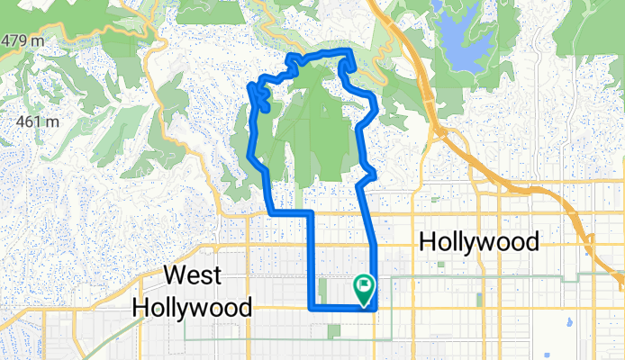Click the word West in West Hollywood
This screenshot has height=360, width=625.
click(194, 276)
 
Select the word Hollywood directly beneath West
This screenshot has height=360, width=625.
click(192, 306)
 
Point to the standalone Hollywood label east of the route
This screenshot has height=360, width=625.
click(479, 242)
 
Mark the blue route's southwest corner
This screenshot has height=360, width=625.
click(312, 308)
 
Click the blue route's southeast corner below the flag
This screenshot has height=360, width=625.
click(376, 308)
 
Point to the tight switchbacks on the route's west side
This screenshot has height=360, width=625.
click(259, 94)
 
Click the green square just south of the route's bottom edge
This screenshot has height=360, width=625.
click(334, 331)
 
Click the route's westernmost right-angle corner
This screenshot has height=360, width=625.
click(271, 212)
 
